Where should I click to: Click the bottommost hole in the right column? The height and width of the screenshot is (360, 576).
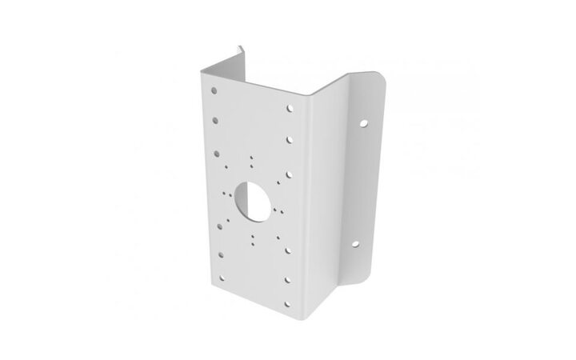288,280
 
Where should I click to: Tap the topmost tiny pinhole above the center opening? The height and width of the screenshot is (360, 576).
251,156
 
